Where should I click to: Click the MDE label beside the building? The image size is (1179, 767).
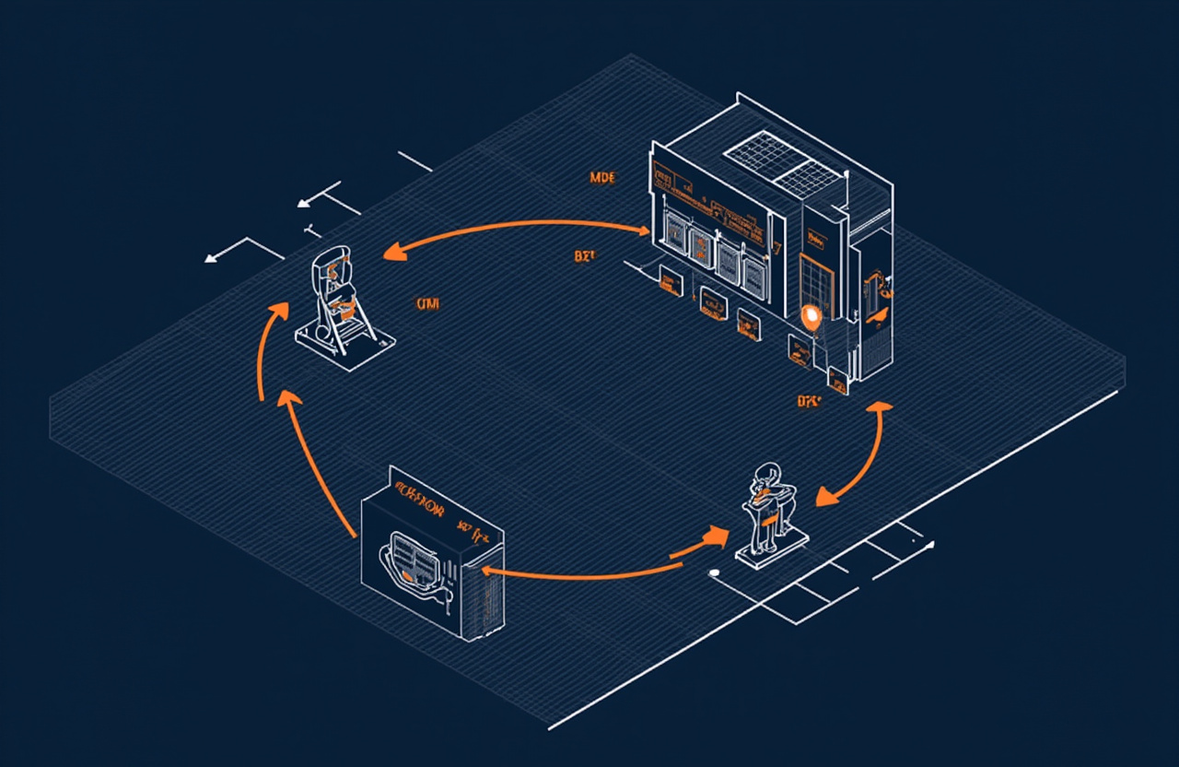(602, 177)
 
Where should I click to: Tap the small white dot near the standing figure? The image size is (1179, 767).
(714, 573)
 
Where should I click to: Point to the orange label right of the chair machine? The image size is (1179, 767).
(427, 304)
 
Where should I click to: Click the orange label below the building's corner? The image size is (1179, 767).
(809, 401)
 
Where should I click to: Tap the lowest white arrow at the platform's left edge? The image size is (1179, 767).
(214, 258)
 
